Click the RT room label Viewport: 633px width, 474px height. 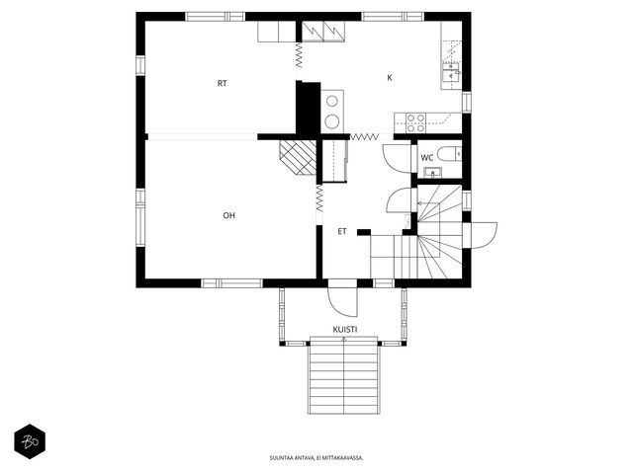click(222, 83)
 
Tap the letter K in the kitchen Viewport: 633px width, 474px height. click(390, 78)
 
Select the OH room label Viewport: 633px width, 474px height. click(228, 215)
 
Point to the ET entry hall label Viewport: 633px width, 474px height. click(342, 232)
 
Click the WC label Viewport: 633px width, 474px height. click(426, 158)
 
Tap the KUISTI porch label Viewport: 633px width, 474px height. click(345, 330)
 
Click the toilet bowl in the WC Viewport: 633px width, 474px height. click(449, 154)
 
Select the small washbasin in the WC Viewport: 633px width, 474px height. click(433, 172)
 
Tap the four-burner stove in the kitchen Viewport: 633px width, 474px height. click(415, 122)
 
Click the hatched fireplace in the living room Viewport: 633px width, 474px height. click(298, 158)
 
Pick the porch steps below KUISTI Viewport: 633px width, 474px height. click(344, 375)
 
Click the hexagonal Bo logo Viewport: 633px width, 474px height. click(30, 441)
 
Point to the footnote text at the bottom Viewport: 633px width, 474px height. click(316, 458)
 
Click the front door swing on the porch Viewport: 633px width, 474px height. click(343, 302)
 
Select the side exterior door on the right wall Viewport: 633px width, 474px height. click(484, 235)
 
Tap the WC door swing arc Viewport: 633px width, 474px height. click(396, 158)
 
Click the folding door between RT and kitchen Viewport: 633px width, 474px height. click(299, 55)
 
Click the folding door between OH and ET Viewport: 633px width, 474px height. click(319, 198)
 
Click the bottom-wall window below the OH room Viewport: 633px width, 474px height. click(231, 283)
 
